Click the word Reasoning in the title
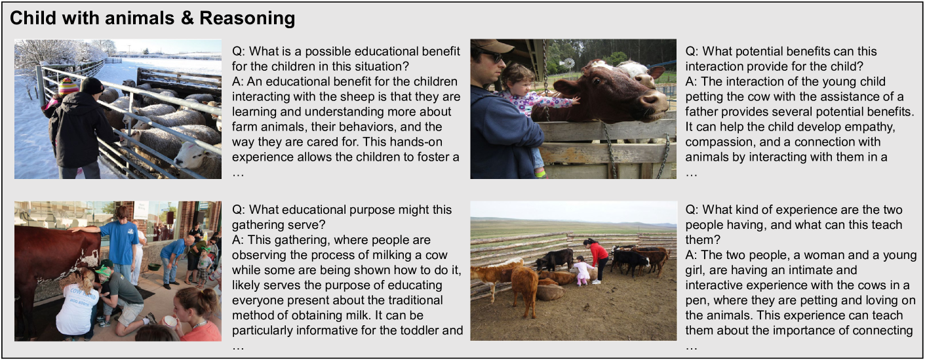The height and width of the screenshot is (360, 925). pos(247,19)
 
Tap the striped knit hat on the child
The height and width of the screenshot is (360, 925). pos(68,86)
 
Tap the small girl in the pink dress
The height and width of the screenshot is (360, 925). pos(581,271)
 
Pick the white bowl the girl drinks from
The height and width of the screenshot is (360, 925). pos(169,321)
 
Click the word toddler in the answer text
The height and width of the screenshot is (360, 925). pos(410,330)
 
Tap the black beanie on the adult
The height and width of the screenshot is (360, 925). pos(92,85)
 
